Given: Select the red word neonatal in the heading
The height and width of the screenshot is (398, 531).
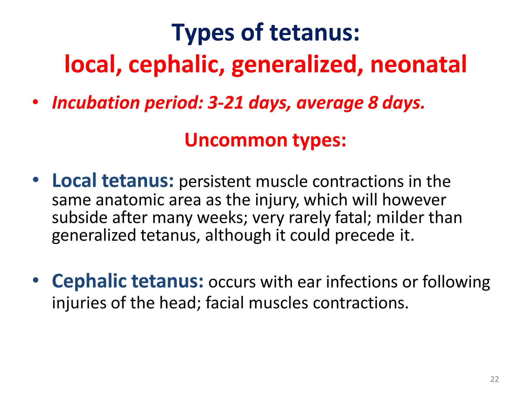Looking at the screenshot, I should point(418,64).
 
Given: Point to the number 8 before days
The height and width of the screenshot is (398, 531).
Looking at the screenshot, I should point(373,103).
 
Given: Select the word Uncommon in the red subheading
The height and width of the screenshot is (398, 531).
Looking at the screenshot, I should point(236,140).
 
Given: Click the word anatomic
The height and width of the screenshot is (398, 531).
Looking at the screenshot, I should point(132,200).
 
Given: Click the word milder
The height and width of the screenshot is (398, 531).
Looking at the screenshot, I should point(400,218).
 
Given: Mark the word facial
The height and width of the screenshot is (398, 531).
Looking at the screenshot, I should point(225,303).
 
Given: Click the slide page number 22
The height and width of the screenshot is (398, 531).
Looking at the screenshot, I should point(494,379).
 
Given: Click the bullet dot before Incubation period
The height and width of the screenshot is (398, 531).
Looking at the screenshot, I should point(36,102).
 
